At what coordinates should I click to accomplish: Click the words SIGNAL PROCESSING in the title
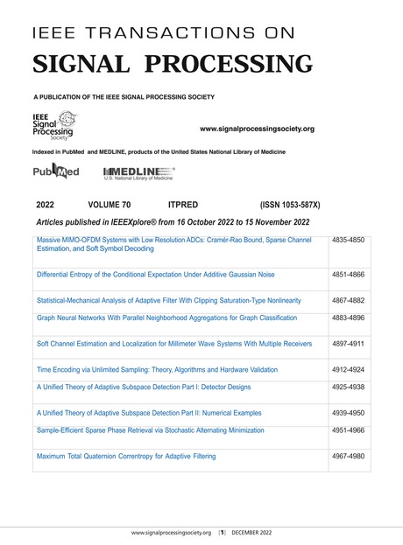pyautogui.click(x=172, y=65)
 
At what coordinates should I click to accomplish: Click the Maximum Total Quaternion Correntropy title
pyautogui.click(x=126, y=456)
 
